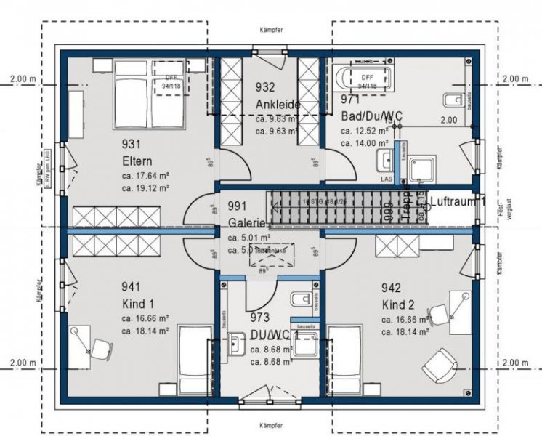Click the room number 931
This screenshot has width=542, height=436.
tap(133, 144)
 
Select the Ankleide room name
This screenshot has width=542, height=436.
tap(278, 104)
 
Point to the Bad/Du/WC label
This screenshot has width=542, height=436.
tap(372, 116)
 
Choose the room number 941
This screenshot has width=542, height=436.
tap(133, 288)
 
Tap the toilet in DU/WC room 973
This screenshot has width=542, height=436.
tap(299, 300)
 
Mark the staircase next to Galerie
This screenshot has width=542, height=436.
tap(327, 206)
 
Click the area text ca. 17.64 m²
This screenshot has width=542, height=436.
tap(146, 175)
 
